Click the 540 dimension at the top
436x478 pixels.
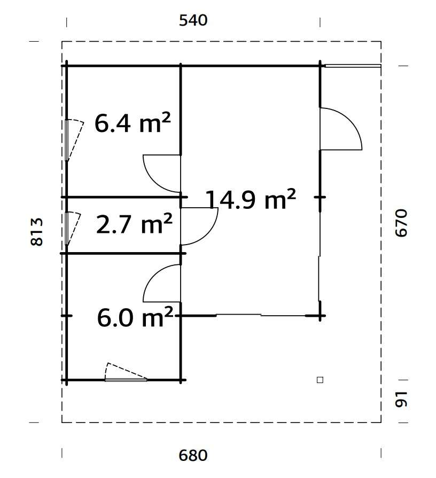pos(193,21)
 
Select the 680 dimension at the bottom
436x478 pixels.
pos(193,456)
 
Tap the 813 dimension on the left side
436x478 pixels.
pos(37,232)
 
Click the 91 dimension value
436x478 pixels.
pos(402,399)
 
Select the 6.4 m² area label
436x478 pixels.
pos(133,124)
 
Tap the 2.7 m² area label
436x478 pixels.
pos(134,225)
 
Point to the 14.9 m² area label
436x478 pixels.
pos(251,200)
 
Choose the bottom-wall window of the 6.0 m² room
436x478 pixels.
pos(126,380)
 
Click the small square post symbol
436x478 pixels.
pos(320,380)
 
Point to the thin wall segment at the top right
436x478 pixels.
pos(353,66)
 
